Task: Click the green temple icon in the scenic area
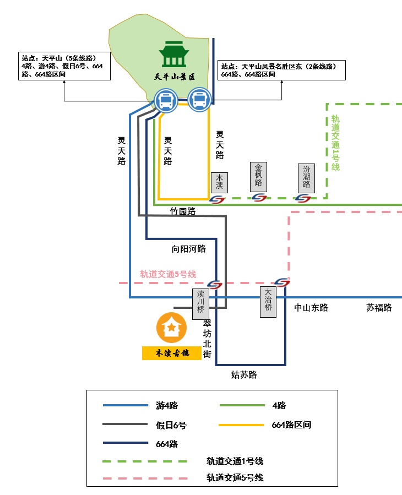click(x=175, y=54)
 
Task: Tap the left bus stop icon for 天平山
click(x=165, y=101)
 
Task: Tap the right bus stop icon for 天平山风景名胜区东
click(x=199, y=100)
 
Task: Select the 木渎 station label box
click(x=219, y=181)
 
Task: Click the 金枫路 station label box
click(x=258, y=176)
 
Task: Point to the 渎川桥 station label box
click(x=200, y=303)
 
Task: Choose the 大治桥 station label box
click(x=268, y=301)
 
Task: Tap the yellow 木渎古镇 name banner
click(x=171, y=353)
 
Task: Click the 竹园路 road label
click(x=183, y=211)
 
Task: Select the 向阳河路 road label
click(x=189, y=249)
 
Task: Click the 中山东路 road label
click(x=311, y=308)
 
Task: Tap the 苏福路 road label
click(x=379, y=308)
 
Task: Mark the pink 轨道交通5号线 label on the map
click(x=168, y=274)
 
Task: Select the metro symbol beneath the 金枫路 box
click(x=259, y=198)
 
